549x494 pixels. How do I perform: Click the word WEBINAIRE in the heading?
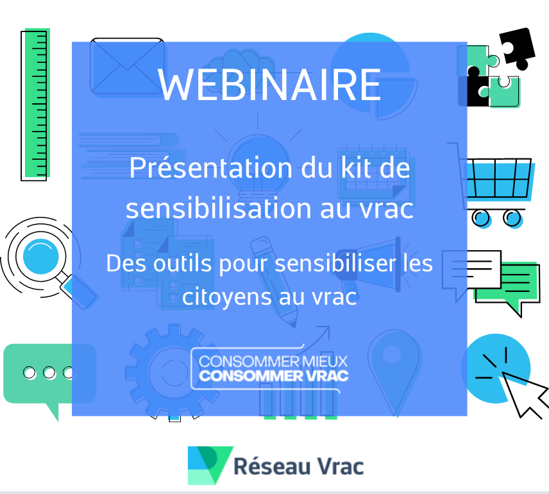point(269,85)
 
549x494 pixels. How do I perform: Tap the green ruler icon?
point(35,104)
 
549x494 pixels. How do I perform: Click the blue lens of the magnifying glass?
point(41,257)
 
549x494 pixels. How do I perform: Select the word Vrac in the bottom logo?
point(341,466)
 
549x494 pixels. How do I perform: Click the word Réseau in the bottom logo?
point(272,466)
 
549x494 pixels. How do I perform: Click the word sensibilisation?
point(219,208)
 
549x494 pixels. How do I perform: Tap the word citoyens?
point(227,298)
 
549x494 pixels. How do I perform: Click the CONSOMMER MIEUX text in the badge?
point(273,361)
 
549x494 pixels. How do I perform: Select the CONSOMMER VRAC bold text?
point(274,375)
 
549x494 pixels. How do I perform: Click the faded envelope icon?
point(127,66)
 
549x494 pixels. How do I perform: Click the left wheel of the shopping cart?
point(481,218)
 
